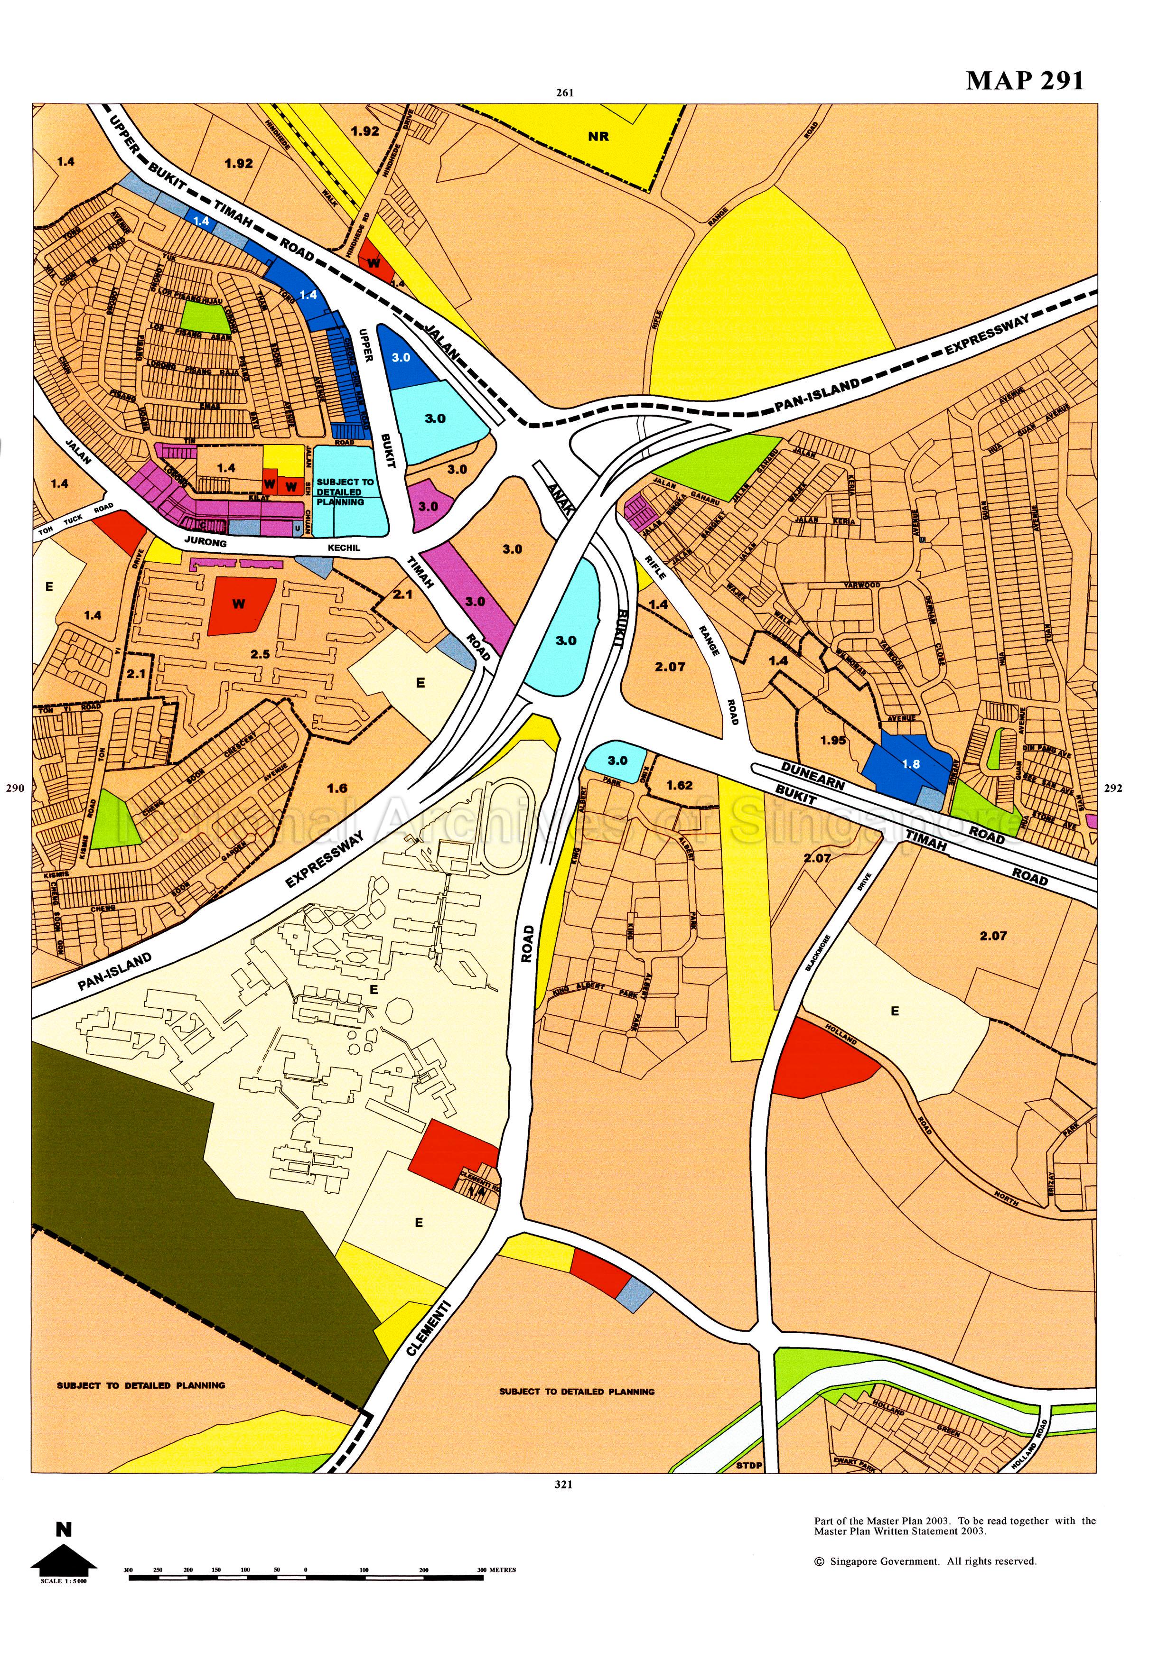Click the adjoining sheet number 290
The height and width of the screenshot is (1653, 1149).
(15, 788)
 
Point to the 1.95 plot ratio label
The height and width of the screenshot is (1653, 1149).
(833, 740)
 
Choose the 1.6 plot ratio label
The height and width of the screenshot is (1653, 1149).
(337, 788)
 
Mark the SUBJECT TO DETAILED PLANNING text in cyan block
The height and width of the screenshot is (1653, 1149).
(345, 492)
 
